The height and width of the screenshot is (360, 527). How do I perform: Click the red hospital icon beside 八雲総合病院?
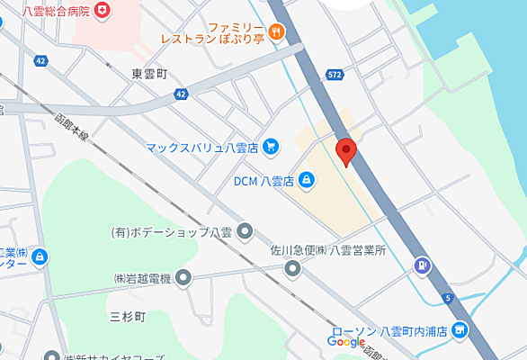coord(105,9)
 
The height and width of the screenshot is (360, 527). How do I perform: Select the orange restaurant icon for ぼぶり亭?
coord(275,32)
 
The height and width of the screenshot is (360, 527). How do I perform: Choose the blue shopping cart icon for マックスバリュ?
coord(271,146)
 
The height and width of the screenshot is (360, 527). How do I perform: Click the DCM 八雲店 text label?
coord(263,181)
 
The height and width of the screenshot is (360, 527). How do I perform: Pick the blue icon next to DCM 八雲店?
coord(307,180)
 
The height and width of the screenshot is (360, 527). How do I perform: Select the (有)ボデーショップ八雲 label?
coord(171,232)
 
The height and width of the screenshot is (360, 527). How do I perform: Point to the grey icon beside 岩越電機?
coord(184,279)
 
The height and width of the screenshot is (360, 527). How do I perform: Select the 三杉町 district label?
coord(129,315)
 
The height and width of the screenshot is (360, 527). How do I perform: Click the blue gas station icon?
coord(421,265)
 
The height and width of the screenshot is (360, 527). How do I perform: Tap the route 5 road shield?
coord(447,297)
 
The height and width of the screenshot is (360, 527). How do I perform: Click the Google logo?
coord(345,342)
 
